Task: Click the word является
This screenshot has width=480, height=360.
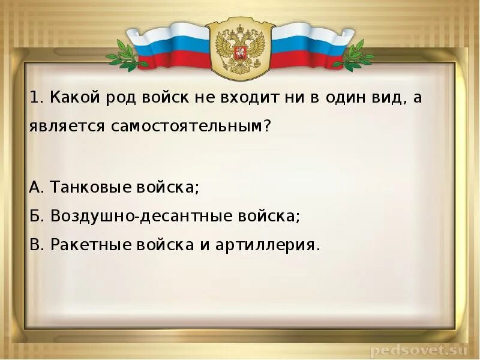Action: point(58,127)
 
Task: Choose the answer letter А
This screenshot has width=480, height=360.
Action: point(35,187)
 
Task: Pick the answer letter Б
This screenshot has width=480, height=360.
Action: point(34,216)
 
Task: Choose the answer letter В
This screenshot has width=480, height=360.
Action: point(34,245)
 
